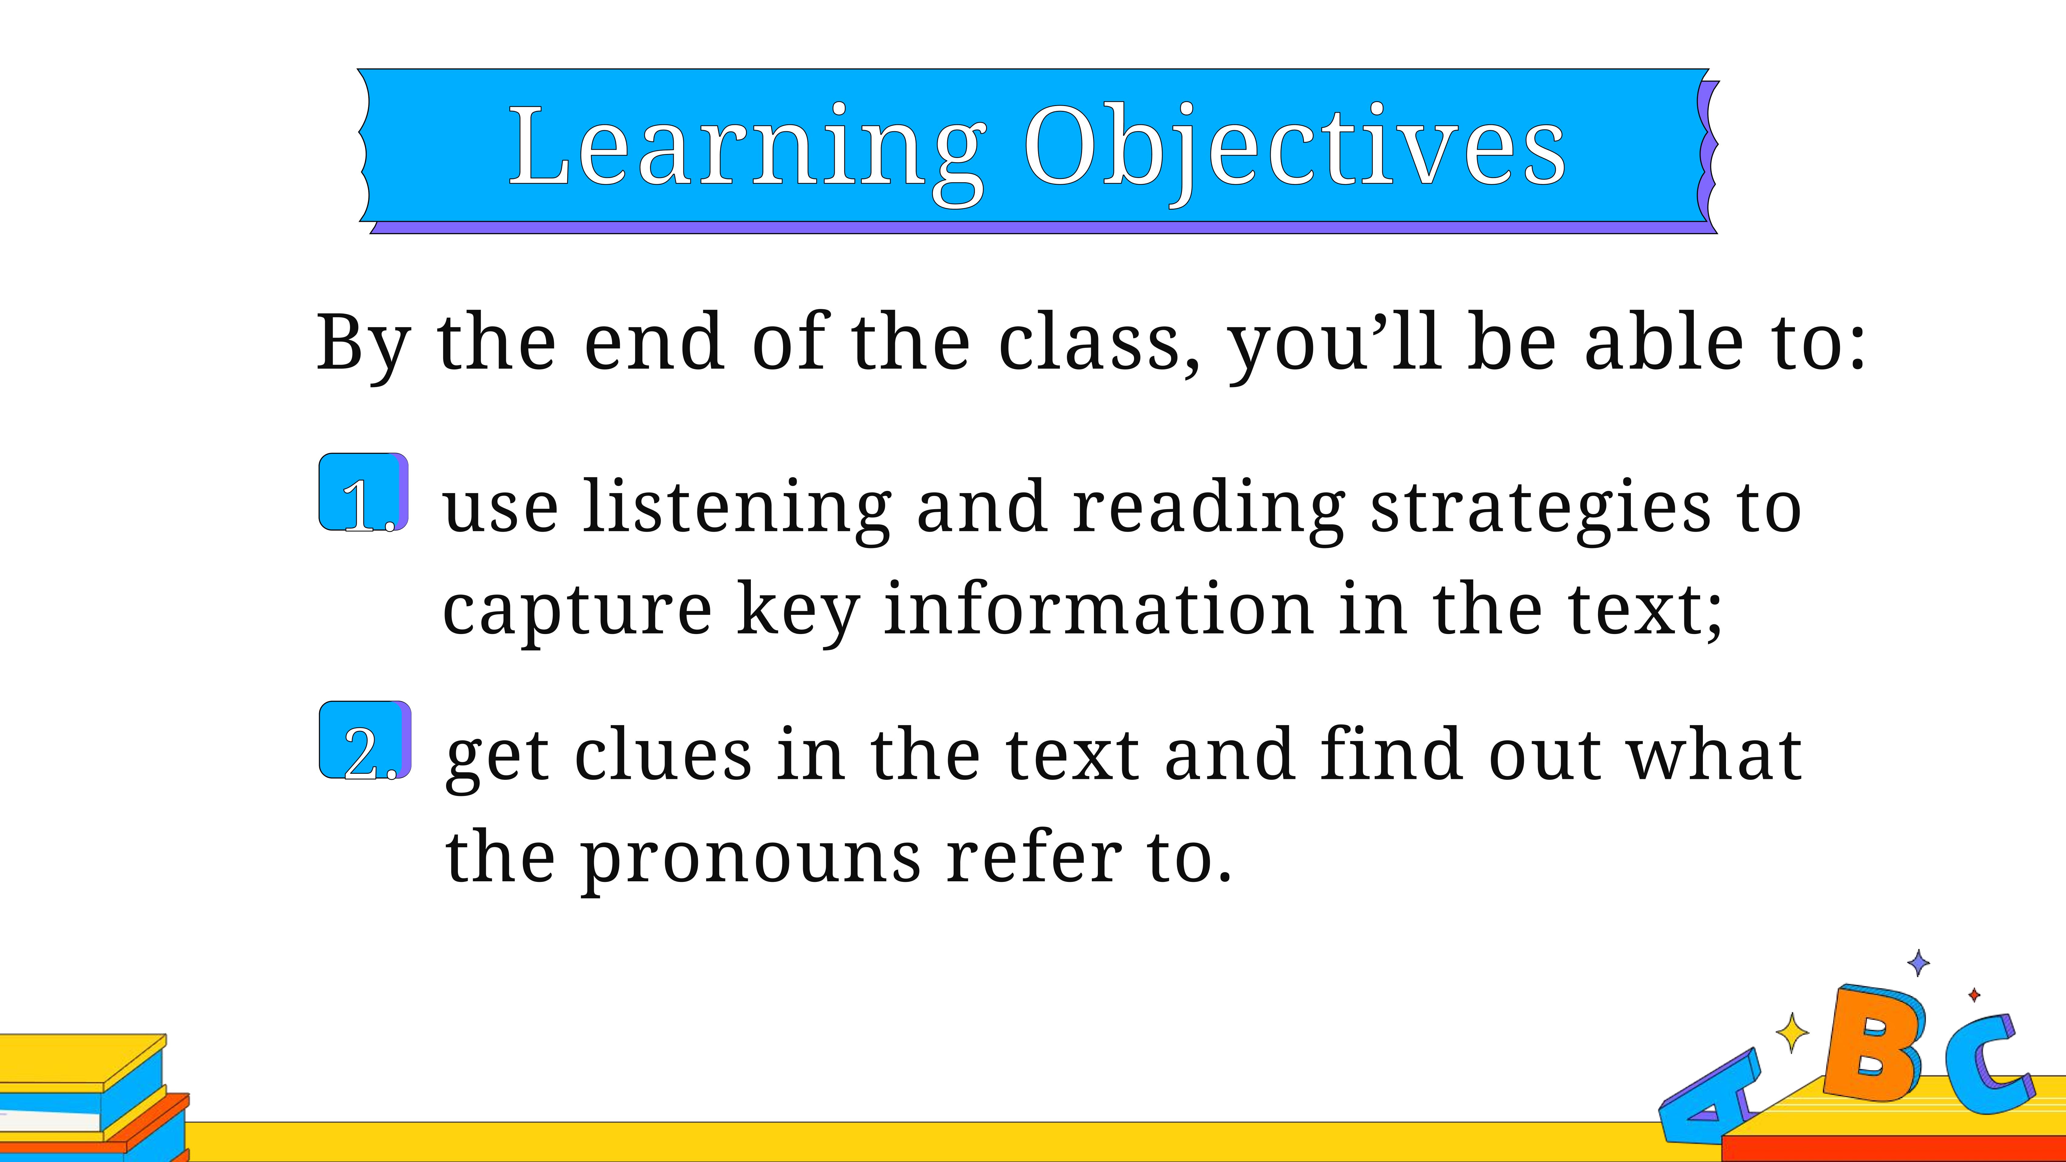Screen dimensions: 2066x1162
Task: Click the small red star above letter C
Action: [1975, 995]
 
